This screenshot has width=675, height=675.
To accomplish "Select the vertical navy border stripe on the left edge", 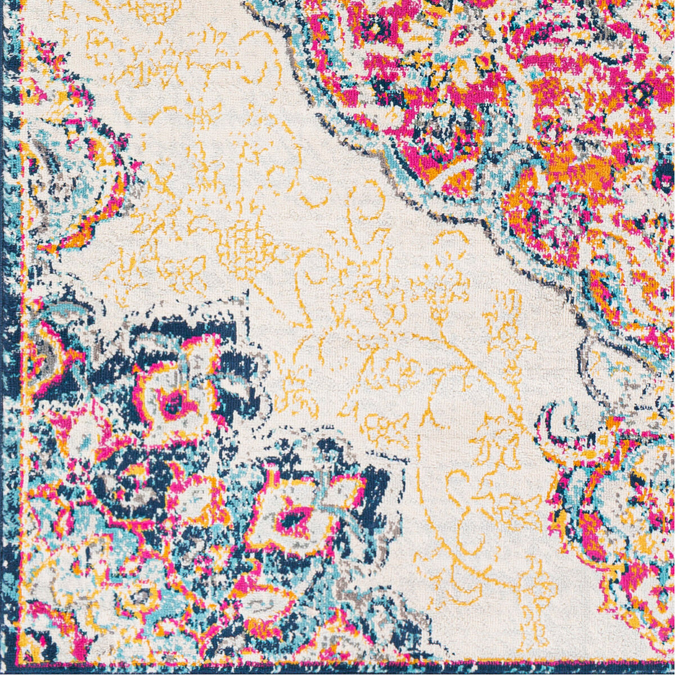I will pyautogui.click(x=8, y=337).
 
